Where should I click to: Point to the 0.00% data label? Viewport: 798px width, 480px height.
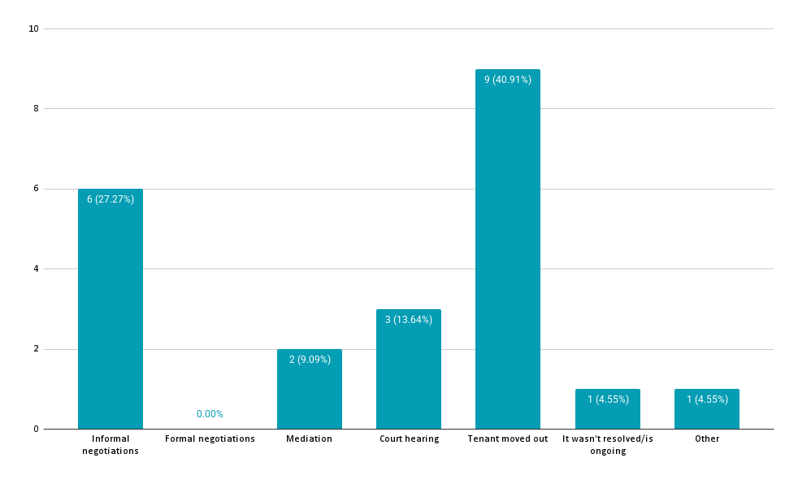pyautogui.click(x=210, y=414)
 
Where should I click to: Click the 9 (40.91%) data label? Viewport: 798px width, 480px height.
pyautogui.click(x=508, y=80)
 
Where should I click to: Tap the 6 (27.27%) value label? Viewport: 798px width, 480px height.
pyautogui.click(x=111, y=199)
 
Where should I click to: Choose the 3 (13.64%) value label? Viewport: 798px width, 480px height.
pyautogui.click(x=408, y=320)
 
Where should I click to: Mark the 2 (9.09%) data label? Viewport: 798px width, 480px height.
pyautogui.click(x=309, y=360)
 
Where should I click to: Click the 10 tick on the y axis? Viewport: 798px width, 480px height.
pyautogui.click(x=33, y=29)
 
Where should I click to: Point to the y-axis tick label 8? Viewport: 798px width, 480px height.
pyautogui.click(x=36, y=109)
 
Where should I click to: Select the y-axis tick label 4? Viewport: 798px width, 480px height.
pyautogui.click(x=36, y=269)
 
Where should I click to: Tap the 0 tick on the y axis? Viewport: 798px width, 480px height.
pyautogui.click(x=36, y=430)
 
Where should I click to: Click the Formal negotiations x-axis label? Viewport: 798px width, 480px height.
pyautogui.click(x=210, y=439)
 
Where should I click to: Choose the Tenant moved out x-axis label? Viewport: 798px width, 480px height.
pyautogui.click(x=508, y=439)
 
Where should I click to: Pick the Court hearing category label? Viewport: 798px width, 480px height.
pyautogui.click(x=409, y=439)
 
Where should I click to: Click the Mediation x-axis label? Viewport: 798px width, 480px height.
pyautogui.click(x=309, y=439)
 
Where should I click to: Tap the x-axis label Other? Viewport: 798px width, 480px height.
pyautogui.click(x=707, y=439)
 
